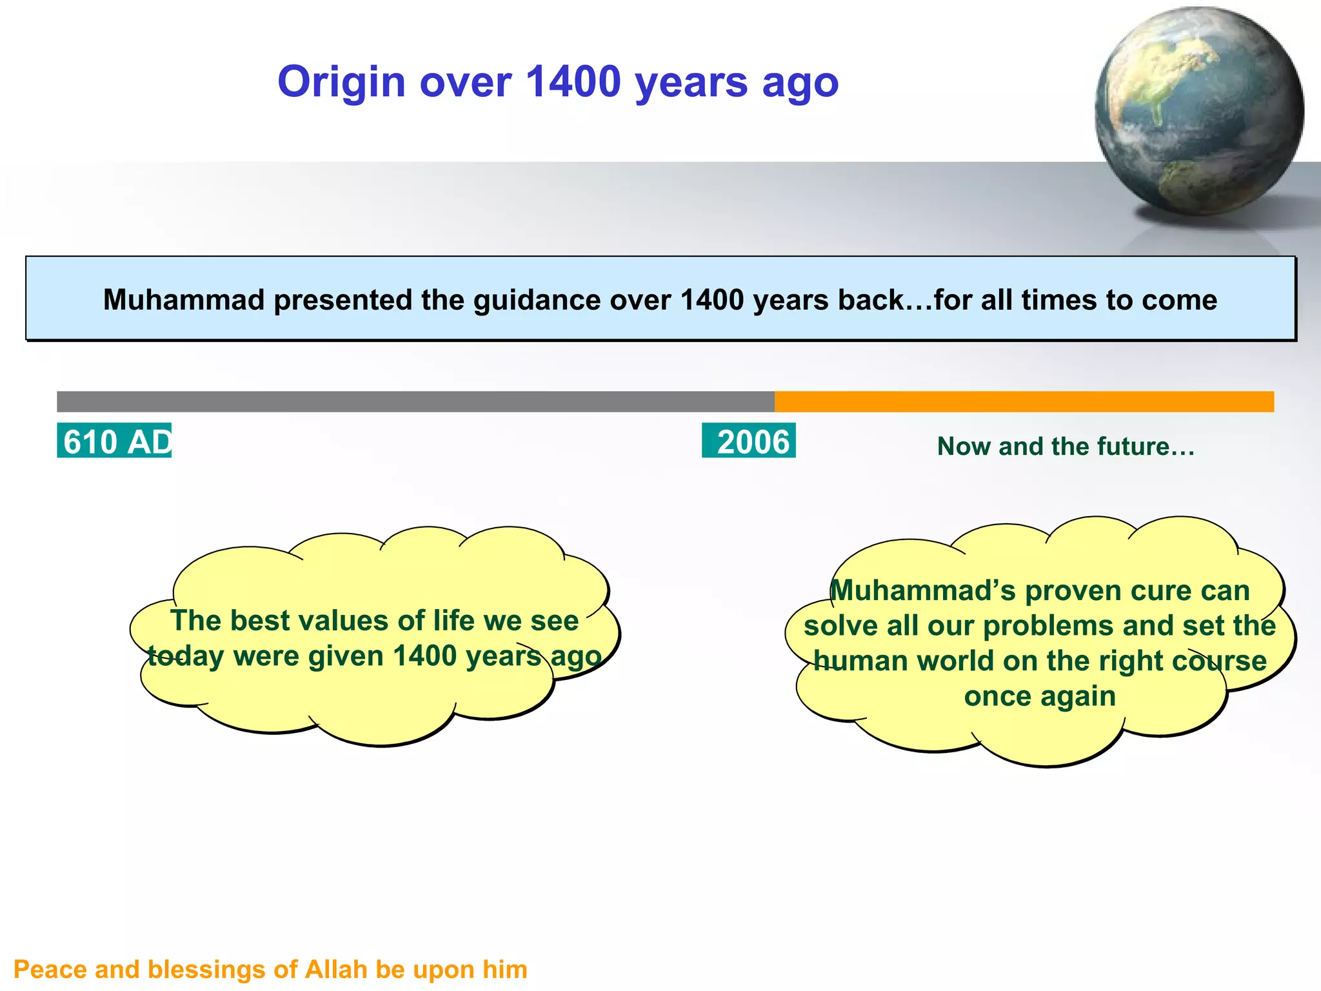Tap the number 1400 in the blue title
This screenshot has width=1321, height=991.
(573, 83)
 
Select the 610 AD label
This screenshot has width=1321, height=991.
(115, 441)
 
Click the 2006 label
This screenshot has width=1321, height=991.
(750, 441)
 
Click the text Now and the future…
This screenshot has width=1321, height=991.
(1066, 446)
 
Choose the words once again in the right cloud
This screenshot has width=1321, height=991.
(1040, 697)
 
